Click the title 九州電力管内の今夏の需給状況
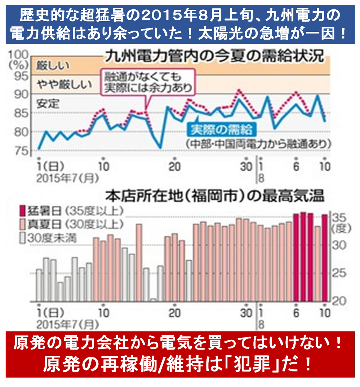click(x=214, y=57)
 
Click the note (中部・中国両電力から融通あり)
click(x=258, y=144)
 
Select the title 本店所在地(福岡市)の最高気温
click(x=215, y=197)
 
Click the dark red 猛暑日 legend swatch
click(x=22, y=210)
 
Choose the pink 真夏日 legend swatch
click(x=22, y=223)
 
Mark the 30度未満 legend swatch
click(x=22, y=237)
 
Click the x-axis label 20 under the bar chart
click(x=174, y=312)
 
